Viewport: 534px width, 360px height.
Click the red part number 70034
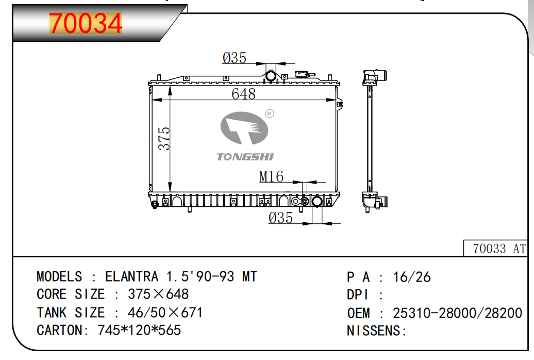(x=86, y=23)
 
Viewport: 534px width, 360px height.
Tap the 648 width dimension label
(x=243, y=94)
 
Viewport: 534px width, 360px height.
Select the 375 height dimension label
(x=164, y=138)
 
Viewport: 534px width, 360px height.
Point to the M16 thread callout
(x=272, y=176)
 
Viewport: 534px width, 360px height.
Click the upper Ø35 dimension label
(x=235, y=58)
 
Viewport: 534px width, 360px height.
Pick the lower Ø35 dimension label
(x=280, y=218)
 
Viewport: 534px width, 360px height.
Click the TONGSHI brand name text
(x=245, y=157)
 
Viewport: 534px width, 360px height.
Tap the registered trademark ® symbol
(x=270, y=113)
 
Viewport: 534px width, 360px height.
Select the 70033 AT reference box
(x=495, y=248)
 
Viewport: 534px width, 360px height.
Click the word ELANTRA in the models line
(x=132, y=276)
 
